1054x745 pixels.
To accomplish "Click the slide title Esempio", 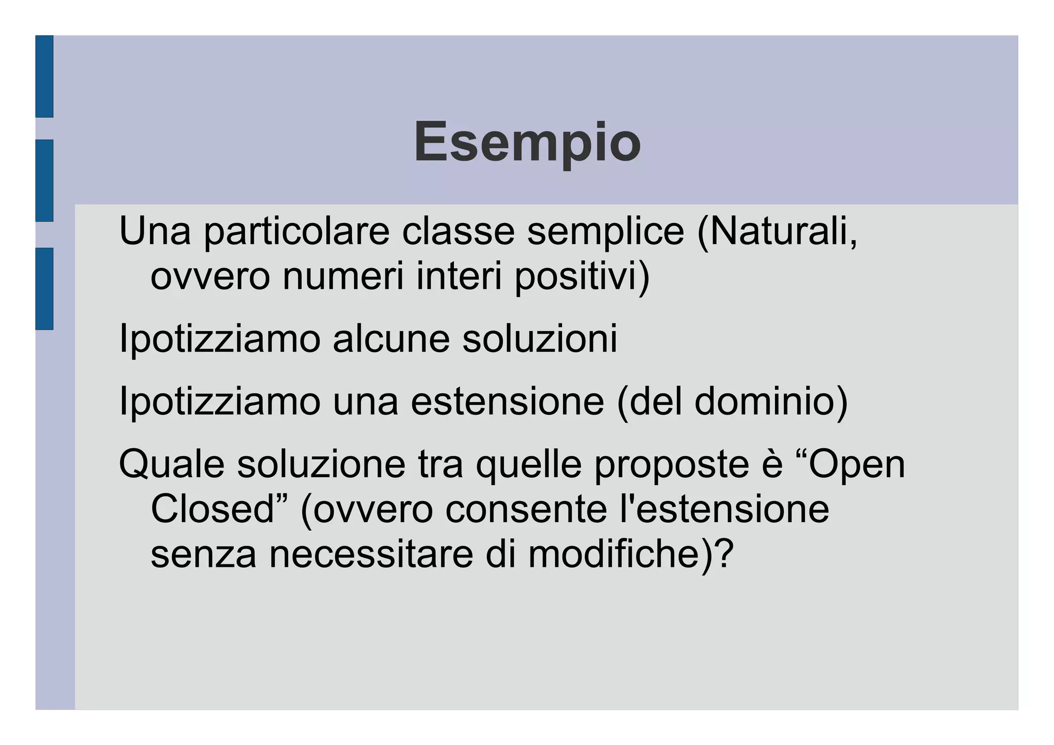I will tap(527, 142).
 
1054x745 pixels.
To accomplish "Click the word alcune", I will tap(391, 339).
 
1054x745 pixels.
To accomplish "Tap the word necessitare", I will tap(371, 555).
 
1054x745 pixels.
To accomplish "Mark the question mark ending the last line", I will tap(724, 555).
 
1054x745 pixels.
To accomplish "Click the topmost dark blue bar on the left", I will tap(44, 76).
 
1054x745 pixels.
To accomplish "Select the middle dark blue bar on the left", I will tap(44, 180).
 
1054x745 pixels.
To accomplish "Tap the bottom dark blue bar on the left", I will tap(44, 288).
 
